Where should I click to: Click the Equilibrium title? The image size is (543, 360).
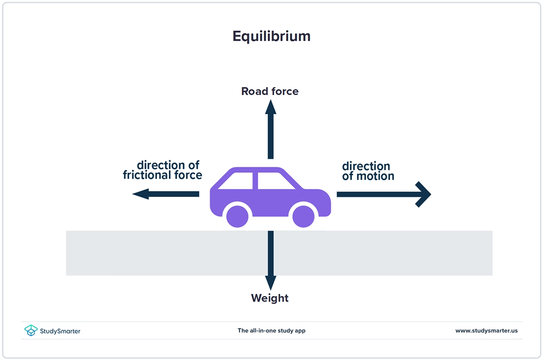click(271, 36)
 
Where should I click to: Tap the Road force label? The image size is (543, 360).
click(270, 91)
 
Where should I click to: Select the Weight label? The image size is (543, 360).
click(270, 298)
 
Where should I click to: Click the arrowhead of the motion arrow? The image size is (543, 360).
click(424, 194)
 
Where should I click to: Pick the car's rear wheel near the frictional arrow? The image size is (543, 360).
click(237, 217)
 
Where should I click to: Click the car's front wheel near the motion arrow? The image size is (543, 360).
click(303, 217)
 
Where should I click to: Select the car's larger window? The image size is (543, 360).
click(275, 181)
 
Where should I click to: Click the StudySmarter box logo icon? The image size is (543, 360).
click(31, 331)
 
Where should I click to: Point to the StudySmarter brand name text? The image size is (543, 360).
click(60, 331)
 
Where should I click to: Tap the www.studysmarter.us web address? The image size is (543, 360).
click(486, 331)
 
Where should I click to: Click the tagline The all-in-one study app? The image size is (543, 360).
click(271, 331)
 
